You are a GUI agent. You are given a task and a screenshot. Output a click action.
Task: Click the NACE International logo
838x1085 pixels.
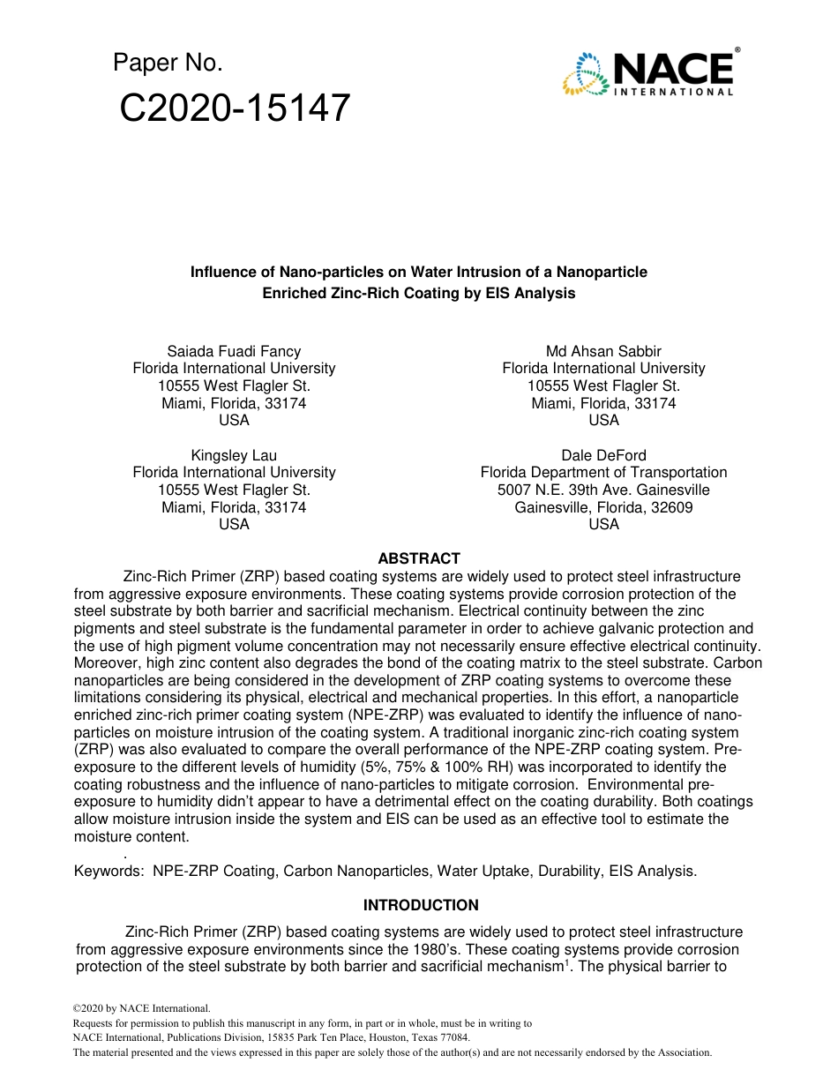648,72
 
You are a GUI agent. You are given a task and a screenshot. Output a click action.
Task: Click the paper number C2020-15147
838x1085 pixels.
235,108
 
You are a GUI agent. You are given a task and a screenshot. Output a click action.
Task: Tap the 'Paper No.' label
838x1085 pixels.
168,63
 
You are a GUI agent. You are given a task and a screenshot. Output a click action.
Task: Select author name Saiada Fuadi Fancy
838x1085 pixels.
234,351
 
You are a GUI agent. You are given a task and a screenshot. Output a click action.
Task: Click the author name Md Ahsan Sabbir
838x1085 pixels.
603,351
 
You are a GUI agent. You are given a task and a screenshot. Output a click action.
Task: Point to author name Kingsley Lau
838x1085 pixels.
234,455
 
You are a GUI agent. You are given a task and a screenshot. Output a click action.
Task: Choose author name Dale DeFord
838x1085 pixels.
603,455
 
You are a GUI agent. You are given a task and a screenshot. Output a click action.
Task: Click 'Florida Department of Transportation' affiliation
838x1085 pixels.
603,472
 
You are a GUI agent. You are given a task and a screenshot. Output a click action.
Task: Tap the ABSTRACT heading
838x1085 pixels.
419,558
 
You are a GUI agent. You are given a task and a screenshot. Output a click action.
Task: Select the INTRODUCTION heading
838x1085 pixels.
421,905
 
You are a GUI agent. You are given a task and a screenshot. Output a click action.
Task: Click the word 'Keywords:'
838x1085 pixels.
109,871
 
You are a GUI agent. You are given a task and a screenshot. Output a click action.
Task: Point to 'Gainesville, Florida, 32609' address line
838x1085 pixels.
603,507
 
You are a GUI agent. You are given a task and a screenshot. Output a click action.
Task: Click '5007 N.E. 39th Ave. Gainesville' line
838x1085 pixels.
603,490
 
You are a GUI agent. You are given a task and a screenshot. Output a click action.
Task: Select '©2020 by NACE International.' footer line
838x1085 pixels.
141,1008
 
